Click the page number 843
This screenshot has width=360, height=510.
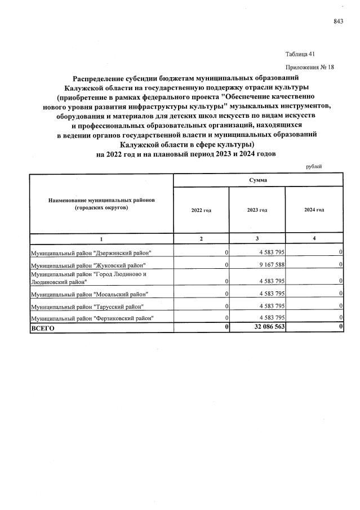pyautogui.click(x=338, y=21)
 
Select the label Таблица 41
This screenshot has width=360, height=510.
pyautogui.click(x=300, y=54)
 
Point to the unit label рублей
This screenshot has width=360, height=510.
pyautogui.click(x=314, y=166)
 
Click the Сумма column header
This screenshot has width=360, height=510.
pyautogui.click(x=257, y=180)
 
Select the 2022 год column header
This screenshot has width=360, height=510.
pyautogui.click(x=201, y=210)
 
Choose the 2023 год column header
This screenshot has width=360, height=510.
pyautogui.click(x=257, y=210)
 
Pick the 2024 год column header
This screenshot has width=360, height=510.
pyautogui.click(x=314, y=210)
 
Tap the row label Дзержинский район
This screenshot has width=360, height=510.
pyautogui.click(x=91, y=252)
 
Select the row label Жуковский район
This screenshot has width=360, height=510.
pyautogui.click(x=88, y=265)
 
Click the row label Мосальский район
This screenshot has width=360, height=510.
pyautogui.click(x=90, y=294)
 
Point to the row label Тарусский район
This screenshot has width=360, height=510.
pyautogui.click(x=87, y=307)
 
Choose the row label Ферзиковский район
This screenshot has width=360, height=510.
pyautogui.click(x=93, y=318)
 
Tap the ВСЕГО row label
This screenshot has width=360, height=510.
pyautogui.click(x=43, y=329)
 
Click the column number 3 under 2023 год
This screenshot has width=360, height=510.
pyautogui.click(x=257, y=239)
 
